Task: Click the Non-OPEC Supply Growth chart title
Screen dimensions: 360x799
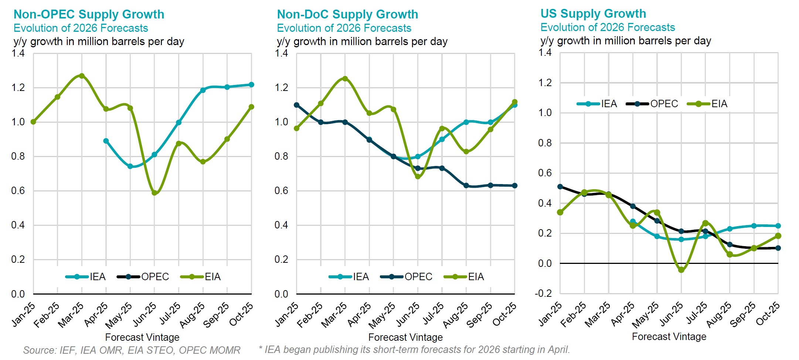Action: [89, 14]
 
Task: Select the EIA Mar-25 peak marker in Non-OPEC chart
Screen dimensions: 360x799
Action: [82, 76]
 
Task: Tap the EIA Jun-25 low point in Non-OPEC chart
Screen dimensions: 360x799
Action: [154, 193]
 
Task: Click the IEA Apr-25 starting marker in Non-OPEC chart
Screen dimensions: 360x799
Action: [106, 141]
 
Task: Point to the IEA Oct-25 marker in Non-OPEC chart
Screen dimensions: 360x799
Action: [251, 85]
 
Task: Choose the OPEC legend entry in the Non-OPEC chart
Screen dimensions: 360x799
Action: [143, 276]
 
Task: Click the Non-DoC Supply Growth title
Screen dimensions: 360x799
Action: [347, 14]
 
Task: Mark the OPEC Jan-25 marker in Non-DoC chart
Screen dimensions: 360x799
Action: [296, 105]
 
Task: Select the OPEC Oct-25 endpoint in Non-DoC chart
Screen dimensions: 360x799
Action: [514, 186]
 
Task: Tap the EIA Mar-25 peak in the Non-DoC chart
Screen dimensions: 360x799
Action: [345, 78]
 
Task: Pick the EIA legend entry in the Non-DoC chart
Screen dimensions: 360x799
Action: [464, 276]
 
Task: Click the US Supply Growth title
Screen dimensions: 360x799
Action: [593, 14]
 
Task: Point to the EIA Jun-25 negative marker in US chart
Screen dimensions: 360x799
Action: [681, 270]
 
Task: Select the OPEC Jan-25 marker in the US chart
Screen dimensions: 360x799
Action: [560, 187]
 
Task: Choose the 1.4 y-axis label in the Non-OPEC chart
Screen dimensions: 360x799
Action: [18, 54]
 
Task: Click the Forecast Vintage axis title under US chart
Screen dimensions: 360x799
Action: [669, 336]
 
